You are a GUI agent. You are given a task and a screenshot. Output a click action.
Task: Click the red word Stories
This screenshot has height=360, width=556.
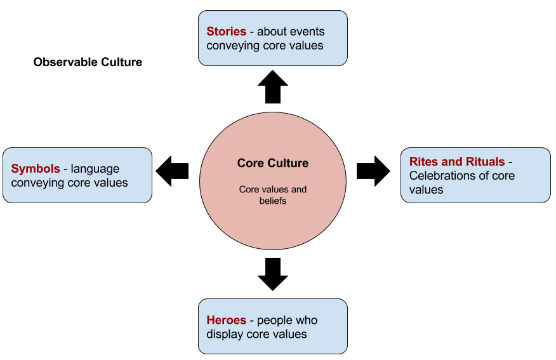coord(226,32)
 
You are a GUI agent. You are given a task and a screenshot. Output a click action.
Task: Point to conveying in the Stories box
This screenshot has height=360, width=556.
coord(234,45)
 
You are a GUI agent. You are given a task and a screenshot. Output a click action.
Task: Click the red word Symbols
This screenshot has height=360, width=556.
coord(36,169)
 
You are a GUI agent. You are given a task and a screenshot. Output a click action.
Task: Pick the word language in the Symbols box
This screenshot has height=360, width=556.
coord(95,169)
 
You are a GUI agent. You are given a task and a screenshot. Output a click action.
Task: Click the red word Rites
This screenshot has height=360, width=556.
coord(423,162)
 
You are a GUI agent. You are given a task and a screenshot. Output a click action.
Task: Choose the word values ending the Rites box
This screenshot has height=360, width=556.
coord(426,189)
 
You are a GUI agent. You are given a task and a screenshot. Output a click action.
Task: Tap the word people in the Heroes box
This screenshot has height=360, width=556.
coord(274,320)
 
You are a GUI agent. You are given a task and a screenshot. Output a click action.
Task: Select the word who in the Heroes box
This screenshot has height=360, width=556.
coord(307,320)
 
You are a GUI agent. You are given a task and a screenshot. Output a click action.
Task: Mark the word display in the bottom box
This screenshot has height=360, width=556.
coord(225,334)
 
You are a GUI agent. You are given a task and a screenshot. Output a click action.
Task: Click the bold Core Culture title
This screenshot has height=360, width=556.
coord(273,163)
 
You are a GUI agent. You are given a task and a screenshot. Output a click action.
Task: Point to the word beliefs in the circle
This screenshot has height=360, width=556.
coord(273,201)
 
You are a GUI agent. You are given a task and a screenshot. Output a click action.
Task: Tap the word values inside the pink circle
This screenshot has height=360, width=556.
coord(274,189)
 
